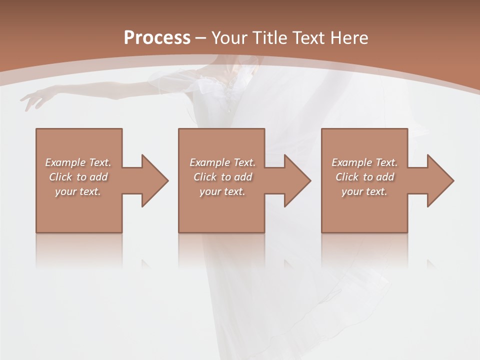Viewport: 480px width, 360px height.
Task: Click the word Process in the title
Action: click(157, 38)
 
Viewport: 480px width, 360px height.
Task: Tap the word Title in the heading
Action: click(270, 38)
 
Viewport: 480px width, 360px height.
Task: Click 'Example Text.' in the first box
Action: click(78, 162)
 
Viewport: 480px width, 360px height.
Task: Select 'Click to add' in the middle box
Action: click(222, 177)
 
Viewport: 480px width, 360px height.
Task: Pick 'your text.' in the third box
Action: click(364, 191)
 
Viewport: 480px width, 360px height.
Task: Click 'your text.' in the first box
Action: click(78, 191)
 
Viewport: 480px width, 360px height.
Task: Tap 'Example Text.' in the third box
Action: click(364, 162)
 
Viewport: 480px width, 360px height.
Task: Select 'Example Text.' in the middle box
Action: click(222, 162)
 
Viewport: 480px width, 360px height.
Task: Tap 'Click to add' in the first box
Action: click(78, 177)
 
